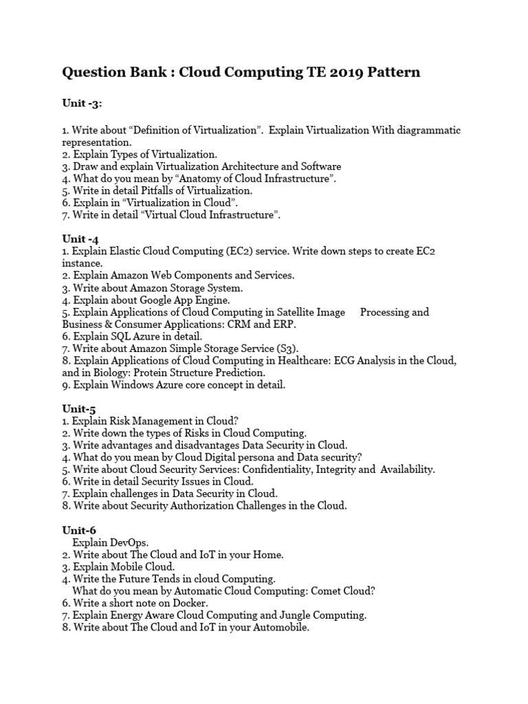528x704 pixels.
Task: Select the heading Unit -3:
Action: coord(82,102)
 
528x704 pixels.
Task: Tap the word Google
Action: coord(162,300)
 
